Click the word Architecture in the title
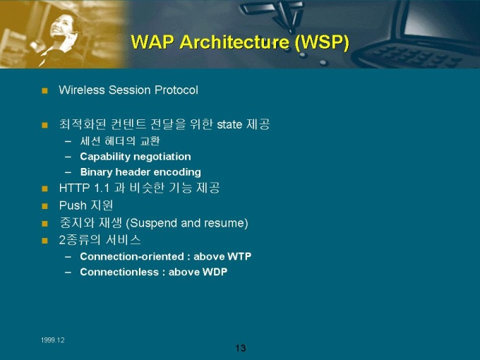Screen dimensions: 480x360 [x=234, y=42]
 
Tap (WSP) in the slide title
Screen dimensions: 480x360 [x=322, y=42]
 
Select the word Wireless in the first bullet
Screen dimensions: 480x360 [x=82, y=90]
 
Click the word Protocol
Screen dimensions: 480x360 [x=176, y=90]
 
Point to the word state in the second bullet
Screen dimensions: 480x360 [x=229, y=125]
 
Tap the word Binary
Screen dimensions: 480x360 [x=97, y=172]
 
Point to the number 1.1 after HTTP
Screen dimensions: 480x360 [x=102, y=188]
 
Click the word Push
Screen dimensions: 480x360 [x=73, y=205]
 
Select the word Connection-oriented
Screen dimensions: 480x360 [x=132, y=256]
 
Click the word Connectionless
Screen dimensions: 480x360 [x=119, y=272]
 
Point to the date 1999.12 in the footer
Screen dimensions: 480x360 [x=53, y=340]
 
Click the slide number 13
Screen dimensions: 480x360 [x=241, y=348]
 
